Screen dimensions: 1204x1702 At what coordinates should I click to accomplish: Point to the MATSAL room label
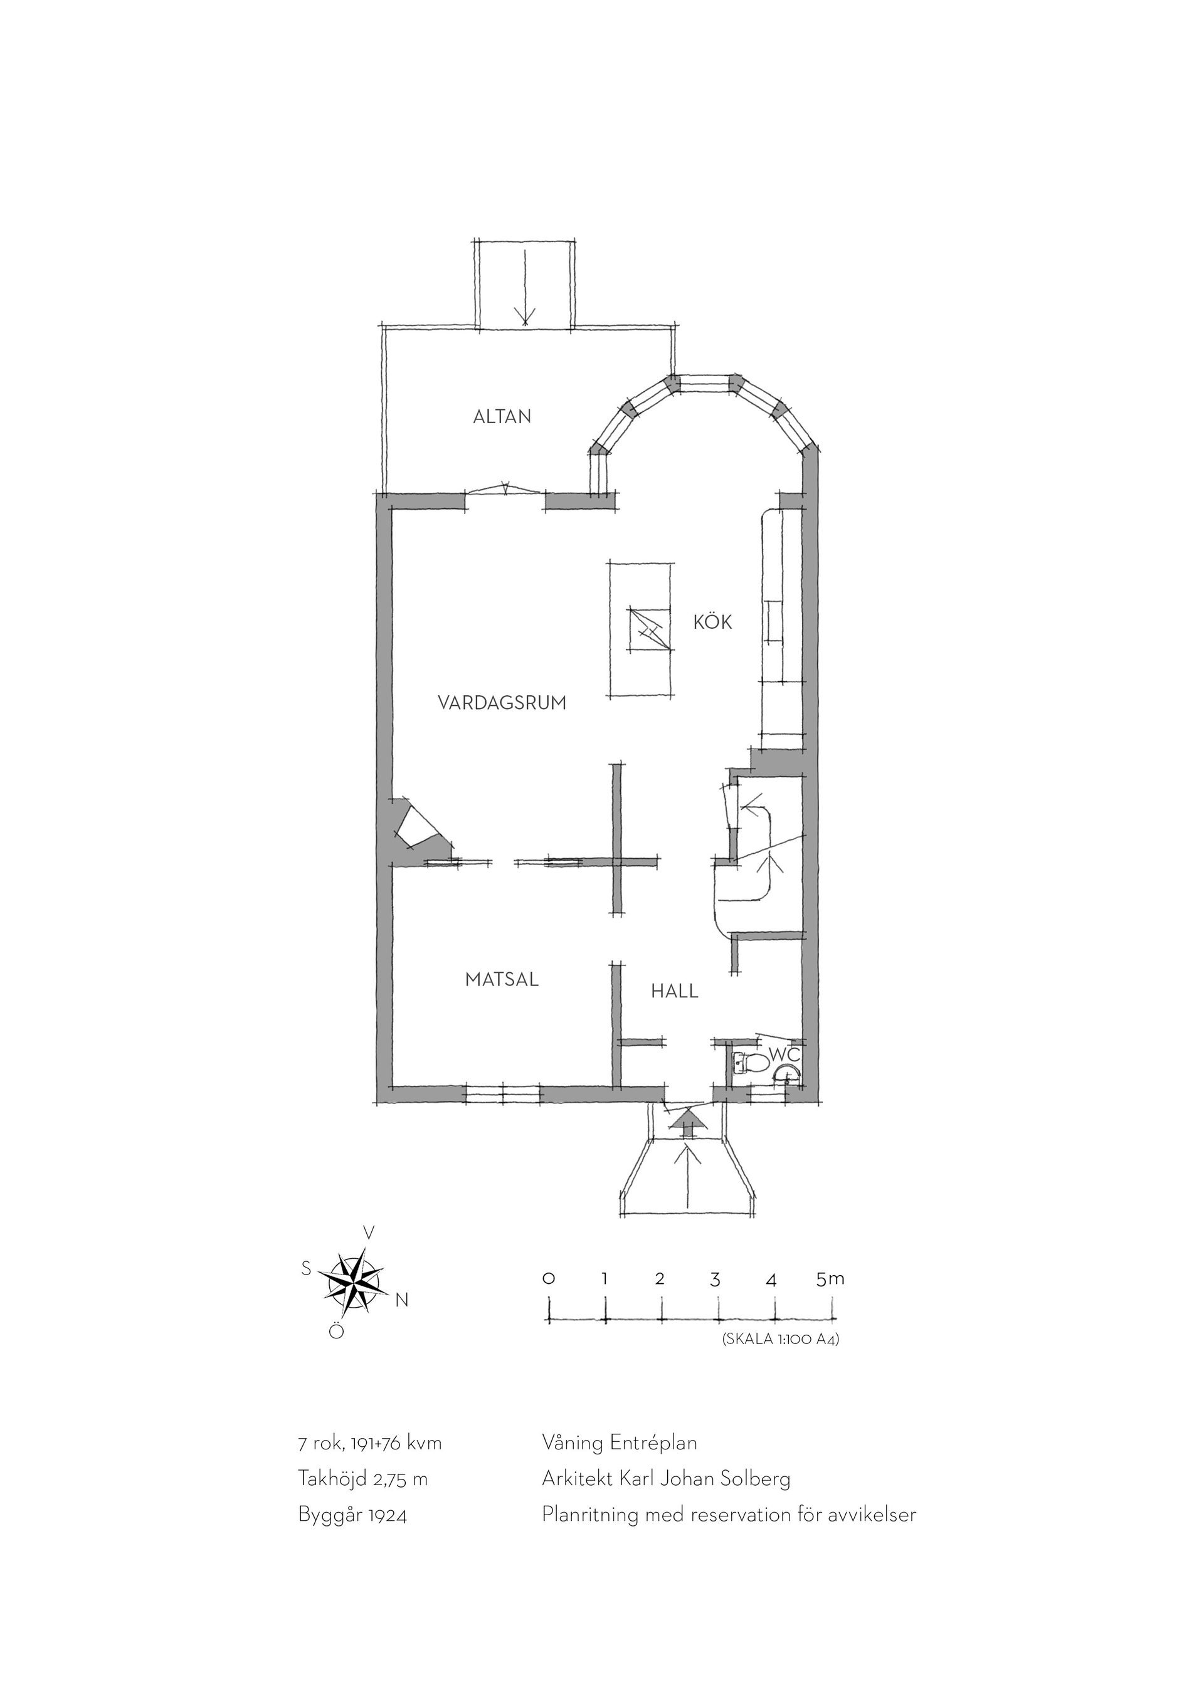502,979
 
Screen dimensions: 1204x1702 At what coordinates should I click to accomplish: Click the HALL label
675,991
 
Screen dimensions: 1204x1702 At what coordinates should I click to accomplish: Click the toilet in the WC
750,1064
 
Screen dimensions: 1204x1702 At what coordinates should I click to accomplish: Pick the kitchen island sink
650,629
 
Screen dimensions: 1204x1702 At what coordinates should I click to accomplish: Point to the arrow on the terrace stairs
525,288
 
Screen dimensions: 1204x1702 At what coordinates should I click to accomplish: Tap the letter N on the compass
401,1300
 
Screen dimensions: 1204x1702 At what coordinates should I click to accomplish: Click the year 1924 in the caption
386,1515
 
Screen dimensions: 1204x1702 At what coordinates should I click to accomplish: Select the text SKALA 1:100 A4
780,1340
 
